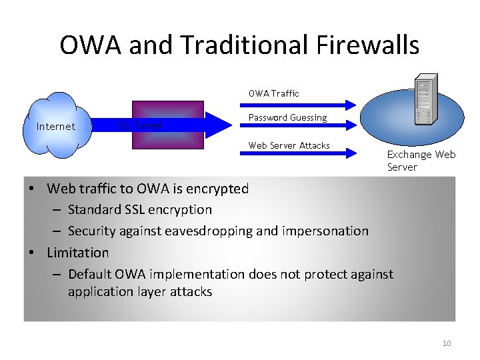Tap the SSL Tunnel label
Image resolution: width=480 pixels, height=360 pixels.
point(140,125)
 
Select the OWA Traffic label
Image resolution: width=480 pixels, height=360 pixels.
point(273,93)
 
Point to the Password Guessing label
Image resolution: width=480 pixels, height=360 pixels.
point(287,117)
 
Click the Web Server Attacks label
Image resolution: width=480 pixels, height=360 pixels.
point(289,145)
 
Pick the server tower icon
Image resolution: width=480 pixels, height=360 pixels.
point(423,104)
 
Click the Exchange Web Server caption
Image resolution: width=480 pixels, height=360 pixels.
point(421,161)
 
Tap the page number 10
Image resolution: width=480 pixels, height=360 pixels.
point(447,343)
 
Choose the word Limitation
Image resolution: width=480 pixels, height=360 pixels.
point(77,253)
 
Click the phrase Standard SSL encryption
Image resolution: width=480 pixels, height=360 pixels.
point(140,209)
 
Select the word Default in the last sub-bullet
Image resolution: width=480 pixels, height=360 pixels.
point(91,274)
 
